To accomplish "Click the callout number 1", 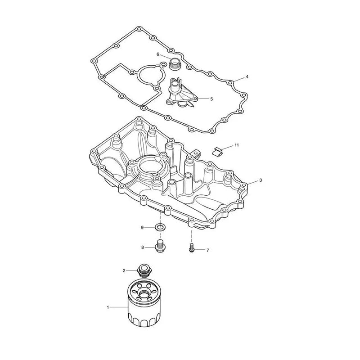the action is [x=108, y=307].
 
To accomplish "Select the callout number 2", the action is [x=124, y=271].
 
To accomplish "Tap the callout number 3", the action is [x=261, y=180].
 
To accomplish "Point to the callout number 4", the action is [x=247, y=76].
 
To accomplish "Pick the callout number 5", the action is [x=211, y=99].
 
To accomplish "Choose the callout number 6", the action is [x=158, y=54].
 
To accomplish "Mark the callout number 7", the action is [x=207, y=250].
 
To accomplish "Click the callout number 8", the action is [x=143, y=247].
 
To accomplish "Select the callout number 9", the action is [x=142, y=228].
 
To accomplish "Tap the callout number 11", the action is [x=237, y=145].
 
